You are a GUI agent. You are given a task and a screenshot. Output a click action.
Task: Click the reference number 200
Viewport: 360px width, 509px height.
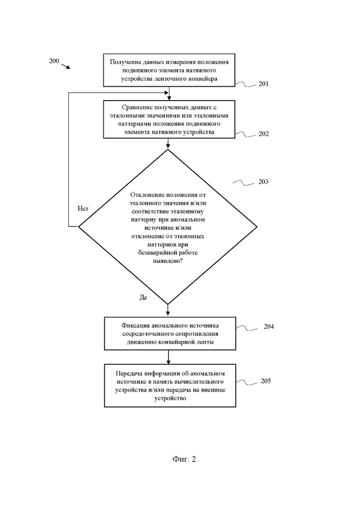click(54, 61)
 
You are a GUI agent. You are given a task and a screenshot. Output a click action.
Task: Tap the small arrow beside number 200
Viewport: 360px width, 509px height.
click(66, 66)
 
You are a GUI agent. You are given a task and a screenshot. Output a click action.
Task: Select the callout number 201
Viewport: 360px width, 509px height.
click(264, 84)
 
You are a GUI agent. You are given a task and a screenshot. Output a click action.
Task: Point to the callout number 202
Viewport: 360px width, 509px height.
click(264, 134)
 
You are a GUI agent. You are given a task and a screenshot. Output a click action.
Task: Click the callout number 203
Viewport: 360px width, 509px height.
click(263, 182)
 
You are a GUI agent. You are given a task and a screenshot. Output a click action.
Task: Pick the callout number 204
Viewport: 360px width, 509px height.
click(269, 327)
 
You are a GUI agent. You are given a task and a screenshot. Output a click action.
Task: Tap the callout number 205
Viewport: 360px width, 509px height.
click(265, 381)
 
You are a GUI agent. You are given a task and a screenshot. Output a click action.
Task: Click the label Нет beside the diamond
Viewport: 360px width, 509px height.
click(83, 209)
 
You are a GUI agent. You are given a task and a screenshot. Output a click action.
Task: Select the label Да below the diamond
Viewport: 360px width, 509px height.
click(143, 297)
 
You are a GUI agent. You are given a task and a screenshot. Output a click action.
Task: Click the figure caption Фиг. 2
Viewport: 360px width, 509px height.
click(184, 459)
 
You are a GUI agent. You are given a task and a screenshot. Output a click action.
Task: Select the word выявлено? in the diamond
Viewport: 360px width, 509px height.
click(168, 261)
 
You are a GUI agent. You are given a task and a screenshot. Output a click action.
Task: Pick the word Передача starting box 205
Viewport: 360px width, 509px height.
click(129, 374)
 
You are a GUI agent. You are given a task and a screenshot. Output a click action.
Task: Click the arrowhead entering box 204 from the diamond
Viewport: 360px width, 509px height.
click(168, 314)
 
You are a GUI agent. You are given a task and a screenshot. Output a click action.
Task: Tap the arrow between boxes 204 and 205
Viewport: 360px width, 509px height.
click(168, 357)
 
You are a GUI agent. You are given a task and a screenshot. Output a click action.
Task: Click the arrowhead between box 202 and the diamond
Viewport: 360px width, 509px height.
click(168, 146)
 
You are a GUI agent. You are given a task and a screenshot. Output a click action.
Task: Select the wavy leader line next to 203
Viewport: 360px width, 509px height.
click(244, 183)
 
